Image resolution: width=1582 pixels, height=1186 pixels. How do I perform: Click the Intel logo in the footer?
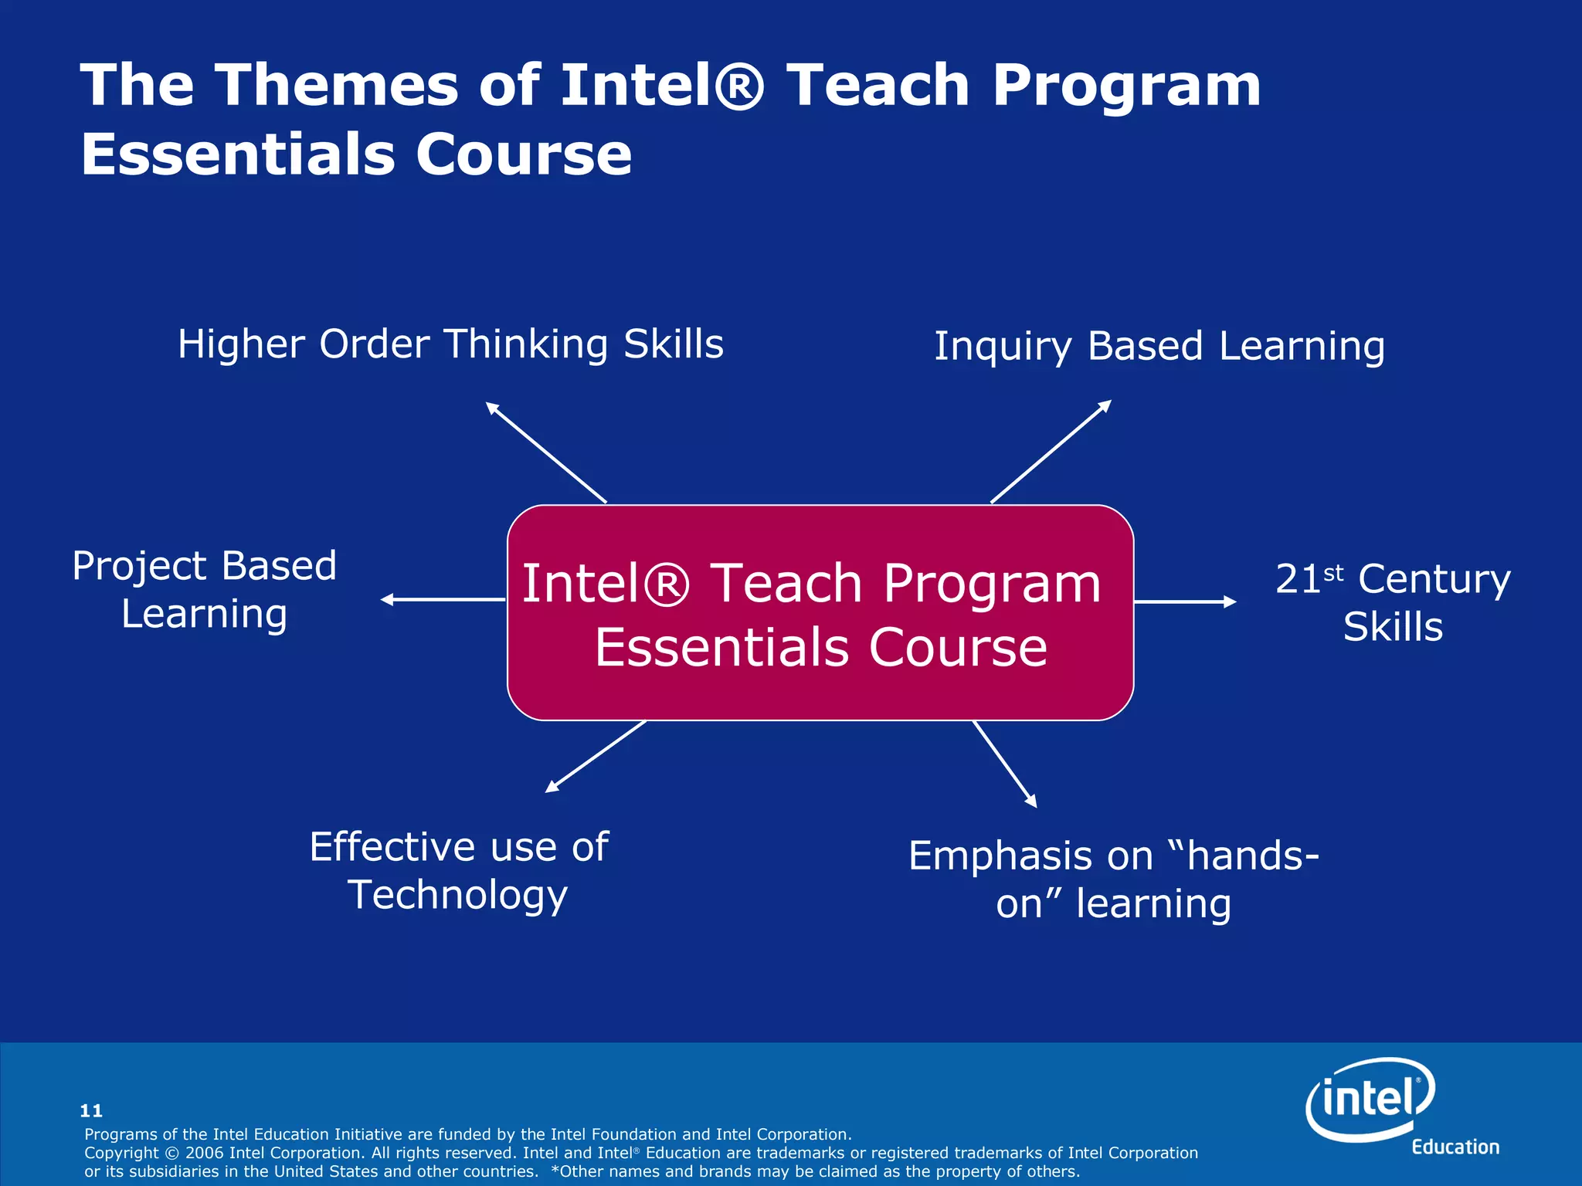(x=1371, y=1100)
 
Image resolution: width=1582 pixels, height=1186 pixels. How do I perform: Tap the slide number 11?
(x=91, y=1110)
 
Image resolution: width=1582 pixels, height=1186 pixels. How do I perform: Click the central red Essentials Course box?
(x=820, y=613)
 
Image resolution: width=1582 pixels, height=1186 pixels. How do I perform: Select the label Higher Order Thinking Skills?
(x=450, y=344)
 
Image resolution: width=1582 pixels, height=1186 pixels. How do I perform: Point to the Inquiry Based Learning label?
(x=1159, y=346)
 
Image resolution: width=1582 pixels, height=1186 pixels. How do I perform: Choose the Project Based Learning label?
(x=205, y=590)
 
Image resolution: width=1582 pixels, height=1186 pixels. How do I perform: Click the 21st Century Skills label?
(x=1393, y=602)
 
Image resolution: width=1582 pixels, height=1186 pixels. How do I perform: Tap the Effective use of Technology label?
(x=459, y=870)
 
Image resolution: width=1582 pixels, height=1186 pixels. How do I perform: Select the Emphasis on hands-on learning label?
(x=1113, y=879)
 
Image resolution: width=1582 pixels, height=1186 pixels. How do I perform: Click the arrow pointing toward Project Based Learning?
(x=443, y=599)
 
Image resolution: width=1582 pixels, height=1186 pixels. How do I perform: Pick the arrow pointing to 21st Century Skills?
(x=1185, y=601)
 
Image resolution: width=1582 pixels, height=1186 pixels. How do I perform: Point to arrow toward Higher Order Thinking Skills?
(x=545, y=452)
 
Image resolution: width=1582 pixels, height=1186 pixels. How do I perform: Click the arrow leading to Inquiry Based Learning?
(x=1051, y=452)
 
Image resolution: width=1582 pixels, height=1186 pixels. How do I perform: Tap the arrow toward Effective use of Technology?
(x=596, y=757)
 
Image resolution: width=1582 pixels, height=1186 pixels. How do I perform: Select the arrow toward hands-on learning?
(x=1004, y=764)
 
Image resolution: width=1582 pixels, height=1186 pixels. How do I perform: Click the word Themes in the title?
(x=336, y=85)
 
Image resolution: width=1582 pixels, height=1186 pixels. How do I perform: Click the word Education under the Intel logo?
(x=1455, y=1147)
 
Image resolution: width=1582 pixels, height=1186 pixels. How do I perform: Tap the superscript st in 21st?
(x=1333, y=573)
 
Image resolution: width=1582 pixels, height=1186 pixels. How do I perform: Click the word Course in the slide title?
(x=524, y=154)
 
